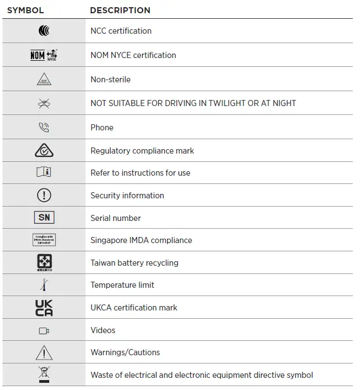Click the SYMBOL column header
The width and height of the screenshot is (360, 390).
click(x=25, y=10)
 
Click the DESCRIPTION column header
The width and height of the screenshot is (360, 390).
click(x=120, y=10)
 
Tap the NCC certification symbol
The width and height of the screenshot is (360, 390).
click(x=44, y=31)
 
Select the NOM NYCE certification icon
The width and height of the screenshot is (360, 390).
click(x=44, y=55)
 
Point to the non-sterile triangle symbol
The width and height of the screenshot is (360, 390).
click(x=44, y=80)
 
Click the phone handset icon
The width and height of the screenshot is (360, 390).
click(x=44, y=128)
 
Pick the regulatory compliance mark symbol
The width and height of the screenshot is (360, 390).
click(x=44, y=150)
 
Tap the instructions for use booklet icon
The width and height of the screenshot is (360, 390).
click(x=44, y=173)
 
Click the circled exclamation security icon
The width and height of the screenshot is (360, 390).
click(x=44, y=196)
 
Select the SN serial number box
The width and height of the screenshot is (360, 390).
click(x=44, y=218)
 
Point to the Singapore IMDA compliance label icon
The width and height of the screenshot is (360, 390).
click(x=44, y=240)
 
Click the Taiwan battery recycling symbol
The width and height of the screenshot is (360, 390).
click(x=44, y=262)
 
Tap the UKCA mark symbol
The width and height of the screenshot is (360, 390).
click(x=44, y=308)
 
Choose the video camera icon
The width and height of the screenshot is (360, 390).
click(x=44, y=331)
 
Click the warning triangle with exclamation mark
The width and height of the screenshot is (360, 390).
click(x=44, y=352)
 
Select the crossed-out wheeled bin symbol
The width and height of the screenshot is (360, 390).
click(x=44, y=375)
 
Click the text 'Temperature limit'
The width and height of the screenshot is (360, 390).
click(x=122, y=285)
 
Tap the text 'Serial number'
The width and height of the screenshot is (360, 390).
click(x=116, y=218)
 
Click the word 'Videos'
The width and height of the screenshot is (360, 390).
click(x=103, y=330)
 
